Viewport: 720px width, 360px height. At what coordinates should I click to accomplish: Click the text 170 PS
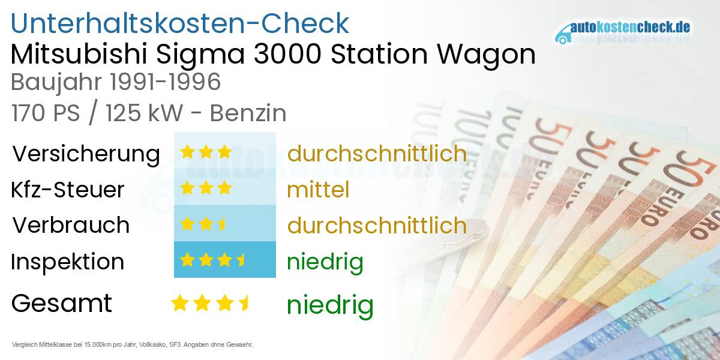tap(45, 113)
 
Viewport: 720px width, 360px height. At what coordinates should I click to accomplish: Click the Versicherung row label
tap(86, 154)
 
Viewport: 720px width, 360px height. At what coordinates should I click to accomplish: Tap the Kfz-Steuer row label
tap(68, 190)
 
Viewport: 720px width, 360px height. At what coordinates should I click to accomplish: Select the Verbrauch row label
tap(71, 225)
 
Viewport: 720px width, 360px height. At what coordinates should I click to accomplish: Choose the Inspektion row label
tap(68, 262)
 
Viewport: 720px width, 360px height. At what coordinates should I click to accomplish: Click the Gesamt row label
tap(62, 303)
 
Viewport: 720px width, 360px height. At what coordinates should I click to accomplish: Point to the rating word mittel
tap(318, 190)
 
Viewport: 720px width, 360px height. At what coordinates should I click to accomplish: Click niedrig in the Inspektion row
tap(325, 262)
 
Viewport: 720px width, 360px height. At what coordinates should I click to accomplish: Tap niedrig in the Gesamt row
tap(330, 305)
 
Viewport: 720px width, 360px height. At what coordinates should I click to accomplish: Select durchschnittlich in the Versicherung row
tap(377, 154)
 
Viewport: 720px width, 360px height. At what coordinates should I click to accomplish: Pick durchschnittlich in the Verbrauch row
tap(377, 226)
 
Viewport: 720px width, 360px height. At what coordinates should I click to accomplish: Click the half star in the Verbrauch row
tap(222, 224)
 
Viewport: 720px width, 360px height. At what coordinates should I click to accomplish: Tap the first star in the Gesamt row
tap(179, 303)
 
